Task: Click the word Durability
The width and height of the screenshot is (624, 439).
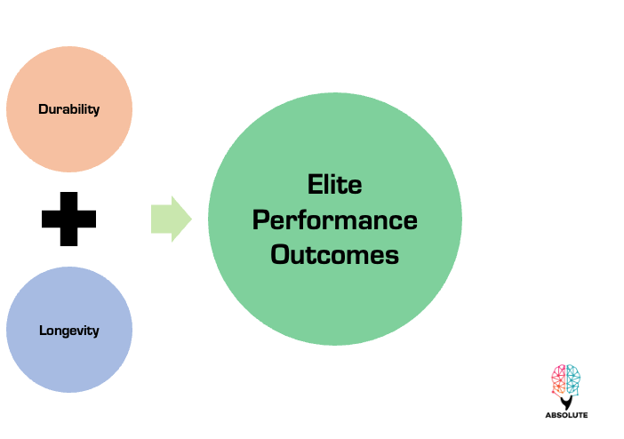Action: [x=68, y=109]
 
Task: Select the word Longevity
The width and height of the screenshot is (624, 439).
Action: [x=68, y=331]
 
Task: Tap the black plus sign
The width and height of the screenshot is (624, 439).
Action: [x=68, y=219]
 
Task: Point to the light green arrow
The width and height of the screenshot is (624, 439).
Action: [x=170, y=219]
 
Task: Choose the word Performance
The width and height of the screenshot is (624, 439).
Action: [x=335, y=220]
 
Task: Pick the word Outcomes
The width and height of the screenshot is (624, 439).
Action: [x=335, y=255]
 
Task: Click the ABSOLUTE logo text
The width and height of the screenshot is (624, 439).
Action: [x=565, y=414]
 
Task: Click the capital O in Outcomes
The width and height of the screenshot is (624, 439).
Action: [x=281, y=255]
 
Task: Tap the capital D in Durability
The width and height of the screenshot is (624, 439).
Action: [x=43, y=109]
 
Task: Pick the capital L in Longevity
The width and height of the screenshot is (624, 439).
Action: [x=42, y=331]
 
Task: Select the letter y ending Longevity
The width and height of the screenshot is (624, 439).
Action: [x=95, y=332]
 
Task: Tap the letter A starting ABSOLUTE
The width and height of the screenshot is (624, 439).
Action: [x=548, y=414]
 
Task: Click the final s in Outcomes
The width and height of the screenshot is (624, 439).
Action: [x=392, y=256]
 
